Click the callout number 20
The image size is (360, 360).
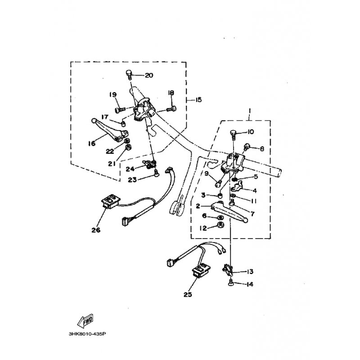149,75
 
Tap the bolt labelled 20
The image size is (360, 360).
129,74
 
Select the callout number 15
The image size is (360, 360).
198,99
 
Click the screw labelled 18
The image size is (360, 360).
172,109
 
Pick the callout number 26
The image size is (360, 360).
96,230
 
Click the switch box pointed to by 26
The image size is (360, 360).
111,201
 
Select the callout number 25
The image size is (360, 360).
188,294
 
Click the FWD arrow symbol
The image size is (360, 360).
85,320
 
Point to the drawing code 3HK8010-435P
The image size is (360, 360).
87,334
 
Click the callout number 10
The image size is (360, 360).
250,132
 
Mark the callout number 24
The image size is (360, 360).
130,169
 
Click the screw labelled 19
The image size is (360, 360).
120,110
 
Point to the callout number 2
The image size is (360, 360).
198,206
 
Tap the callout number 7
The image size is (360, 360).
252,214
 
